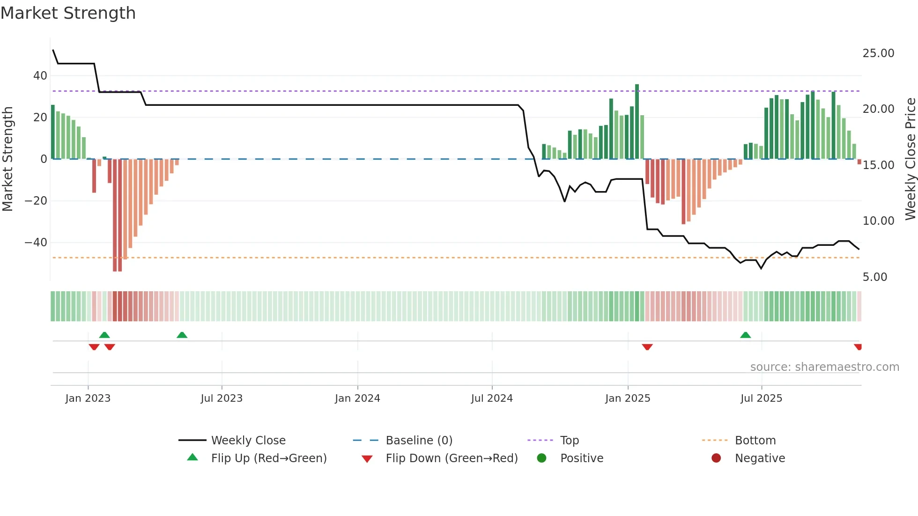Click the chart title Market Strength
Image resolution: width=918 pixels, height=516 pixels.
pyautogui.click(x=68, y=13)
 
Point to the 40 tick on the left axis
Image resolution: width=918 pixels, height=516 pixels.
pyautogui.click(x=40, y=76)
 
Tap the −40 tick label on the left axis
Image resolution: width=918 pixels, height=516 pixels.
pyautogui.click(x=36, y=243)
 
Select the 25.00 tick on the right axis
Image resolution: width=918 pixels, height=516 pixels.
pyautogui.click(x=878, y=53)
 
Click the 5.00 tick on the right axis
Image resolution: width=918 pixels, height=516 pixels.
pyautogui.click(x=874, y=277)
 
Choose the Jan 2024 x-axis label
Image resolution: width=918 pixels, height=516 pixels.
pyautogui.click(x=357, y=398)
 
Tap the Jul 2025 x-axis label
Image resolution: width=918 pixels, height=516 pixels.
pyautogui.click(x=761, y=398)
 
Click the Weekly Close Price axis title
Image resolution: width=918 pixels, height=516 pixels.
pyautogui.click(x=910, y=159)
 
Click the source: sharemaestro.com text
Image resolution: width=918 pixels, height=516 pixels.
pyautogui.click(x=824, y=367)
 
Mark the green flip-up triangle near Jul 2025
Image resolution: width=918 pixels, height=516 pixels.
pyautogui.click(x=745, y=335)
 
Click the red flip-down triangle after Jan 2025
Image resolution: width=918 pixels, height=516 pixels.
pyautogui.click(x=647, y=347)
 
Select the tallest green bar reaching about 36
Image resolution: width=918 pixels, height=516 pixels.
pyautogui.click(x=637, y=122)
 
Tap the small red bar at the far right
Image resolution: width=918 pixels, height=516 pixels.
pyautogui.click(x=859, y=162)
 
